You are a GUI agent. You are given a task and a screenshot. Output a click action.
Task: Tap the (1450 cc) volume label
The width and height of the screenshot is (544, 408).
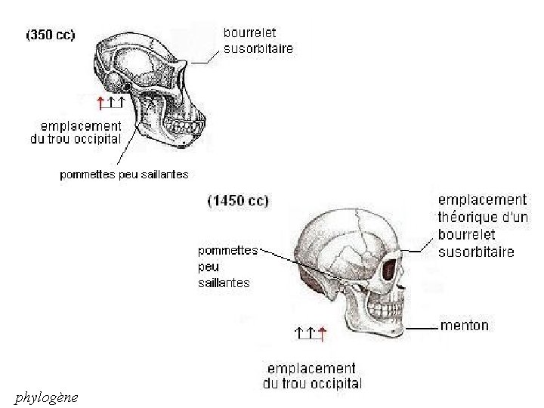point(237,201)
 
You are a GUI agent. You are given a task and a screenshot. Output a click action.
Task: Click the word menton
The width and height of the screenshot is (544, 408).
point(464,326)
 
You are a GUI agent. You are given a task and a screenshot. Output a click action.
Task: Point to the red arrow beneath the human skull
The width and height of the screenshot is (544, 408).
point(322,333)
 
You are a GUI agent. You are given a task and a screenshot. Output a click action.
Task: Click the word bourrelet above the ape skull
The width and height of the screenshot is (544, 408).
point(249,33)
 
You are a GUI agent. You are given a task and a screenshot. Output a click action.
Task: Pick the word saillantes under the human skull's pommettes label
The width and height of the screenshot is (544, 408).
point(224,283)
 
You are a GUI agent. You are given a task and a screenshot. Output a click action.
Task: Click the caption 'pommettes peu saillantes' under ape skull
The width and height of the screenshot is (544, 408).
point(124,175)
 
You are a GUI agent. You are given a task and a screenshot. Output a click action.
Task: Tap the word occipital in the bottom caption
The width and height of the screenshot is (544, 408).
point(333,384)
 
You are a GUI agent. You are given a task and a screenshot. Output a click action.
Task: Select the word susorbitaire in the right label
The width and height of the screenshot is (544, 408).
point(476,251)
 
